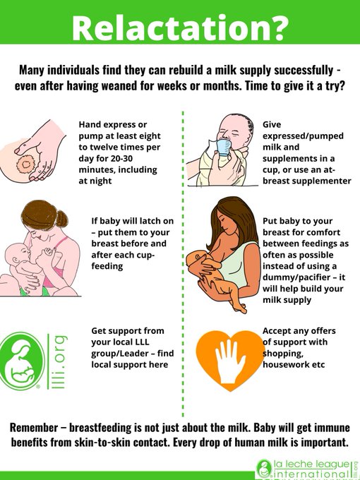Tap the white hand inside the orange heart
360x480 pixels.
tap(230, 361)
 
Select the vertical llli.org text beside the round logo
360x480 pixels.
tap(59, 362)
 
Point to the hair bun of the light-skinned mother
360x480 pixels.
tap(62, 219)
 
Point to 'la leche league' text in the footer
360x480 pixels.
tap(311, 464)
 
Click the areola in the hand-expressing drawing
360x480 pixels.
tap(26, 164)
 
